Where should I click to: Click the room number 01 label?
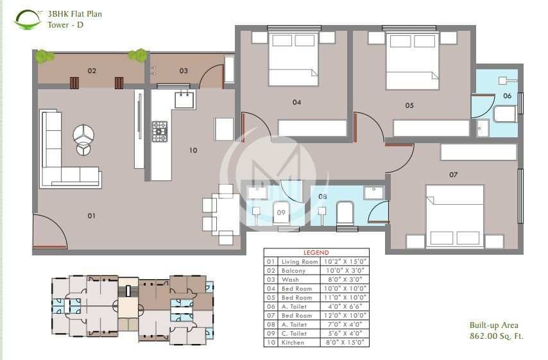92,216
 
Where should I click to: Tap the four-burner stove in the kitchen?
159,131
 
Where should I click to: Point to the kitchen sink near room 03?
185,99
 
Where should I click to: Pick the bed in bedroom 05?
412,61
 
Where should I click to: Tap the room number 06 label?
507,96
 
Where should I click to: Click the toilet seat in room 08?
345,213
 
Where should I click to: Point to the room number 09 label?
280,212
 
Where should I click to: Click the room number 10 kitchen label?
193,151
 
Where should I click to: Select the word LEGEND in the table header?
316,253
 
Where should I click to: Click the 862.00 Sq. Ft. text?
496,336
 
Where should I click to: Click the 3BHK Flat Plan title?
74,13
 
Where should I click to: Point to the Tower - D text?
65,25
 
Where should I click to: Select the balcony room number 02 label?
92,71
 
